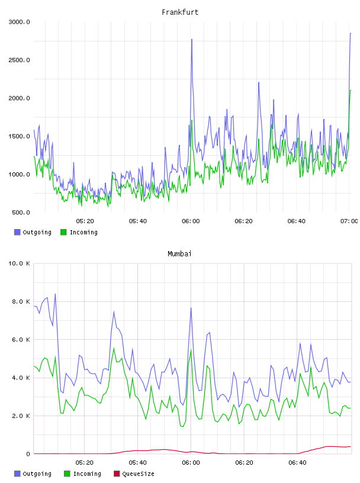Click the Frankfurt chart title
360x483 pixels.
click(x=180, y=12)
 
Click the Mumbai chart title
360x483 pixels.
click(x=179, y=254)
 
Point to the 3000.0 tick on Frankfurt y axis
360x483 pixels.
click(x=19, y=22)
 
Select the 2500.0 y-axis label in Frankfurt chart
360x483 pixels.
click(x=19, y=60)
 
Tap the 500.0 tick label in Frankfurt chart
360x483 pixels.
click(x=21, y=212)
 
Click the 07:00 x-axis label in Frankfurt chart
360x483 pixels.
click(x=349, y=221)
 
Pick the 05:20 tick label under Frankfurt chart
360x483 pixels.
click(x=85, y=221)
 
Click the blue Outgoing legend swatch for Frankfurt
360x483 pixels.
click(x=17, y=232)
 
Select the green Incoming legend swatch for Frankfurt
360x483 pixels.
click(x=63, y=232)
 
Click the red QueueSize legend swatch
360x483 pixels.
click(x=117, y=474)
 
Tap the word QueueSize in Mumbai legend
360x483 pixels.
click(x=138, y=474)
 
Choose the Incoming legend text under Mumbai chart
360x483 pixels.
click(x=87, y=474)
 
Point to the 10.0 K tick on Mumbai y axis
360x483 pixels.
click(x=19, y=263)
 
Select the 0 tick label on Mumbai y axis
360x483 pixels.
click(x=28, y=454)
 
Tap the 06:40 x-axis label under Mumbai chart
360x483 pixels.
click(x=297, y=463)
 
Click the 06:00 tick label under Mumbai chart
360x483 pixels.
click(x=191, y=463)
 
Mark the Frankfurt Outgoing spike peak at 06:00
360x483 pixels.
click(x=192, y=40)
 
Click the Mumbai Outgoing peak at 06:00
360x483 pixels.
click(x=191, y=308)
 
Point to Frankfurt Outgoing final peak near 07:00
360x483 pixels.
click(x=351, y=33)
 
